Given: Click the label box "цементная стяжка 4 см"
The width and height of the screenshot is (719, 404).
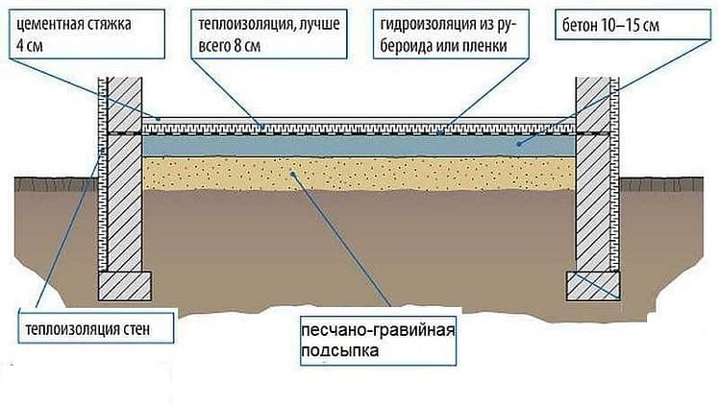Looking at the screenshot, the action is pyautogui.click(x=87, y=34).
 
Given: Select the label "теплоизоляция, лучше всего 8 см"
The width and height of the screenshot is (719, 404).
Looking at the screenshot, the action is pyautogui.click(x=269, y=34).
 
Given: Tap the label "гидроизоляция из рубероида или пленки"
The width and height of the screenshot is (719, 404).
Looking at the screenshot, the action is pyautogui.click(x=451, y=34).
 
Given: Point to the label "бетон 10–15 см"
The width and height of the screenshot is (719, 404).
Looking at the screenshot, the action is pyautogui.click(x=632, y=25).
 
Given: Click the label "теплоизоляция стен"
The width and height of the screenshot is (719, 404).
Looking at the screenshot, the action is pyautogui.click(x=96, y=328).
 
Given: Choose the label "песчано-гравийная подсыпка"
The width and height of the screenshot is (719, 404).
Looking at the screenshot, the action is pyautogui.click(x=379, y=341).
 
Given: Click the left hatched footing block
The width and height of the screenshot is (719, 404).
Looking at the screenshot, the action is pyautogui.click(x=125, y=286).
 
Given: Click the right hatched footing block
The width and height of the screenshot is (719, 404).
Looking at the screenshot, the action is pyautogui.click(x=593, y=286).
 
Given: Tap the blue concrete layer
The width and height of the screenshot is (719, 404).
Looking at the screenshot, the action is pyautogui.click(x=359, y=146).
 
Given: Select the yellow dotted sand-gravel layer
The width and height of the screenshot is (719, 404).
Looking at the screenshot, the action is pyautogui.click(x=359, y=174).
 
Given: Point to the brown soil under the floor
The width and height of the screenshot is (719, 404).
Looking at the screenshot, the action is pyautogui.click(x=359, y=247).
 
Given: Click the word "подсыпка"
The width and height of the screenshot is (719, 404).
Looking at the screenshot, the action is pyautogui.click(x=339, y=351).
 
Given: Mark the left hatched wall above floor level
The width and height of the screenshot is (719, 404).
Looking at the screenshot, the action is pyautogui.click(x=124, y=105).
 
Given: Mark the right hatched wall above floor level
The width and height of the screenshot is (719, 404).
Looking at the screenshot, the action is pyautogui.click(x=593, y=105).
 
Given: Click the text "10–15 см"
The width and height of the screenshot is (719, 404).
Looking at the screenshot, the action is pyautogui.click(x=630, y=25).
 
